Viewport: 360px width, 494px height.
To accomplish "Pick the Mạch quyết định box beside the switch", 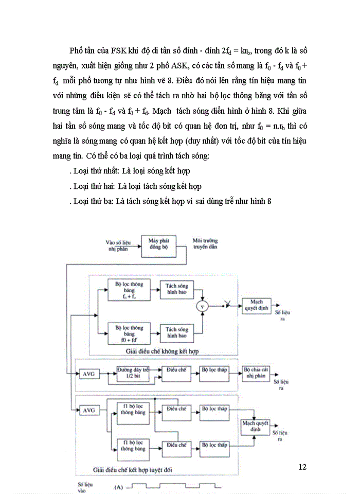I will (253, 305).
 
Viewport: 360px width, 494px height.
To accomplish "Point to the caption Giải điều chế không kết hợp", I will (161, 350).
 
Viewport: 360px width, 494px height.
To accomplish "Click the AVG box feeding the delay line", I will (89, 374).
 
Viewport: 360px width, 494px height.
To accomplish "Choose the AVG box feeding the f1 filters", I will (89, 410).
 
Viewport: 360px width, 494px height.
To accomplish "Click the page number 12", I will (302, 467).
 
